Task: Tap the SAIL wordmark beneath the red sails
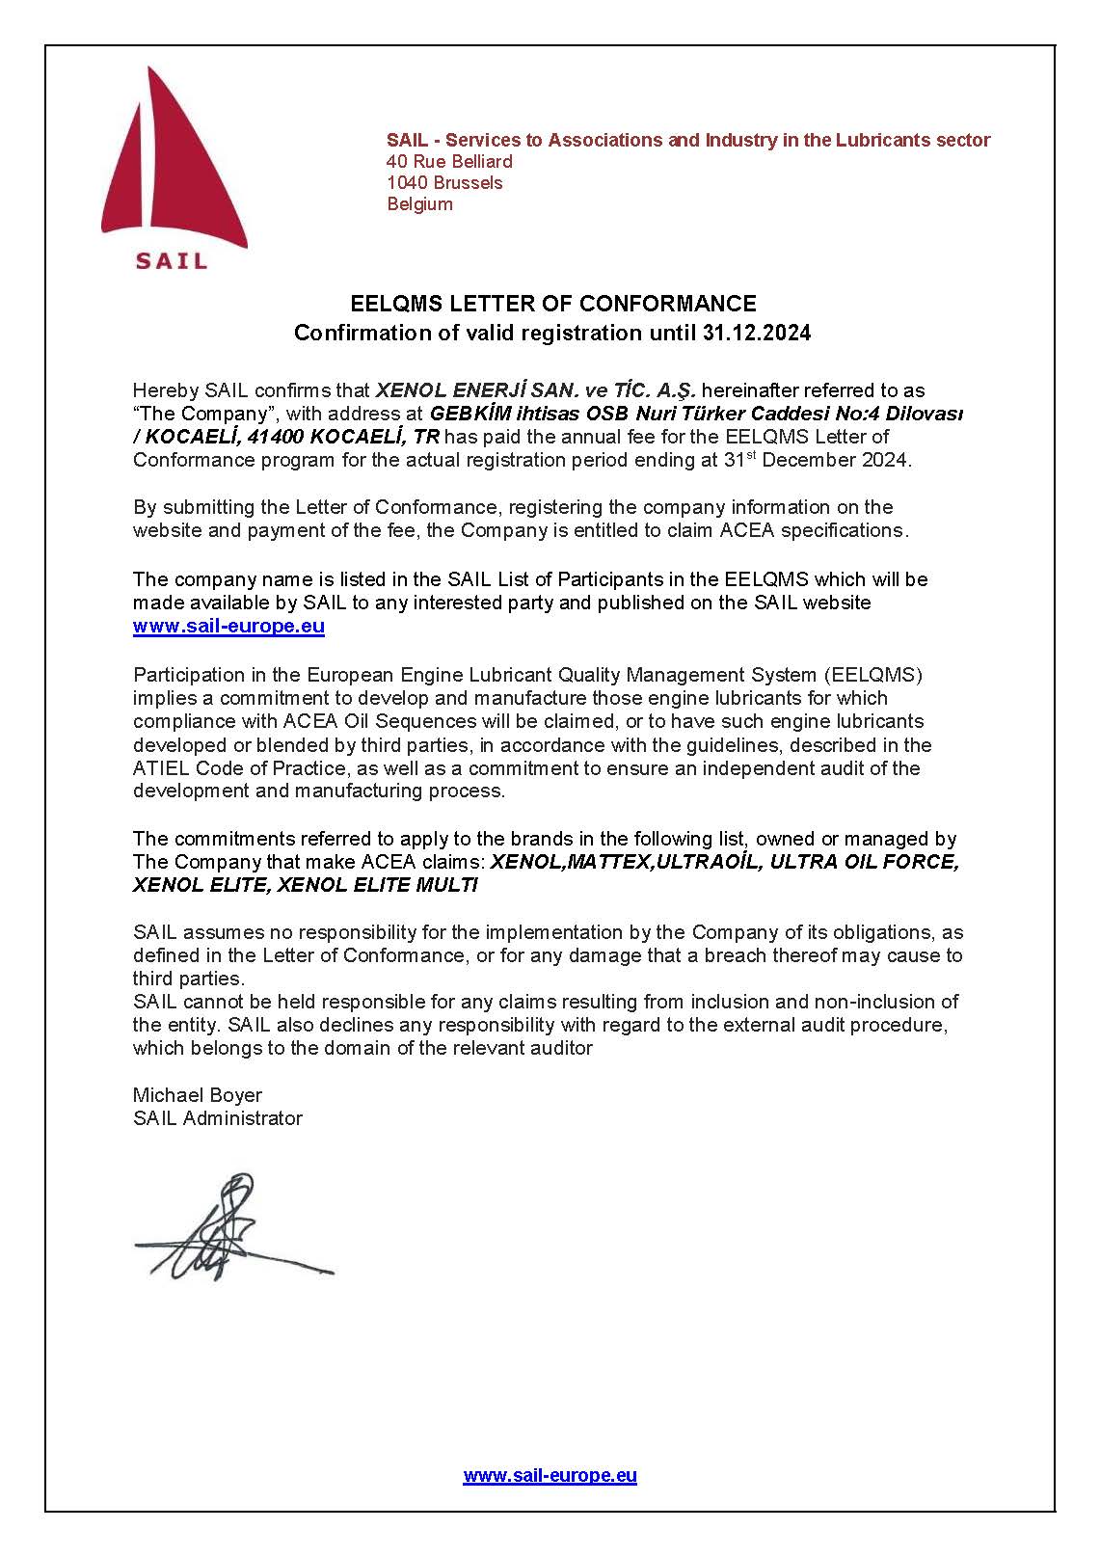172,260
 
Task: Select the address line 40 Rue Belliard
449,162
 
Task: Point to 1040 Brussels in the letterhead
444,183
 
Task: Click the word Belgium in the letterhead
419,204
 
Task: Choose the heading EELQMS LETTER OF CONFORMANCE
552,304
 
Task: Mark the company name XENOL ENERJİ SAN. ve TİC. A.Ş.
535,390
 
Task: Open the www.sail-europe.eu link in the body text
228,627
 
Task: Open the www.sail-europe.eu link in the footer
550,1476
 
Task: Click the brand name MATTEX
609,862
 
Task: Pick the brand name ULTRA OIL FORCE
874,862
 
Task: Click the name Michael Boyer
198,1095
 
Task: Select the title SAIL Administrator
218,1118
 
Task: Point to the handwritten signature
227,1229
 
